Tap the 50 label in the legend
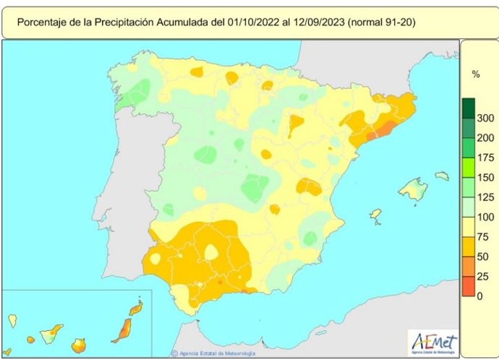tap(484, 257)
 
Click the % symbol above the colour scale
tap(476, 74)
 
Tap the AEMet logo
tap(433, 341)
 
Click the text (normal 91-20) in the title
tap(381, 23)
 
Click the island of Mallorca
tap(414, 190)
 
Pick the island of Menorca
tap(441, 176)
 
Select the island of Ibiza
tap(375, 215)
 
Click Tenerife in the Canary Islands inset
tap(51, 334)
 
